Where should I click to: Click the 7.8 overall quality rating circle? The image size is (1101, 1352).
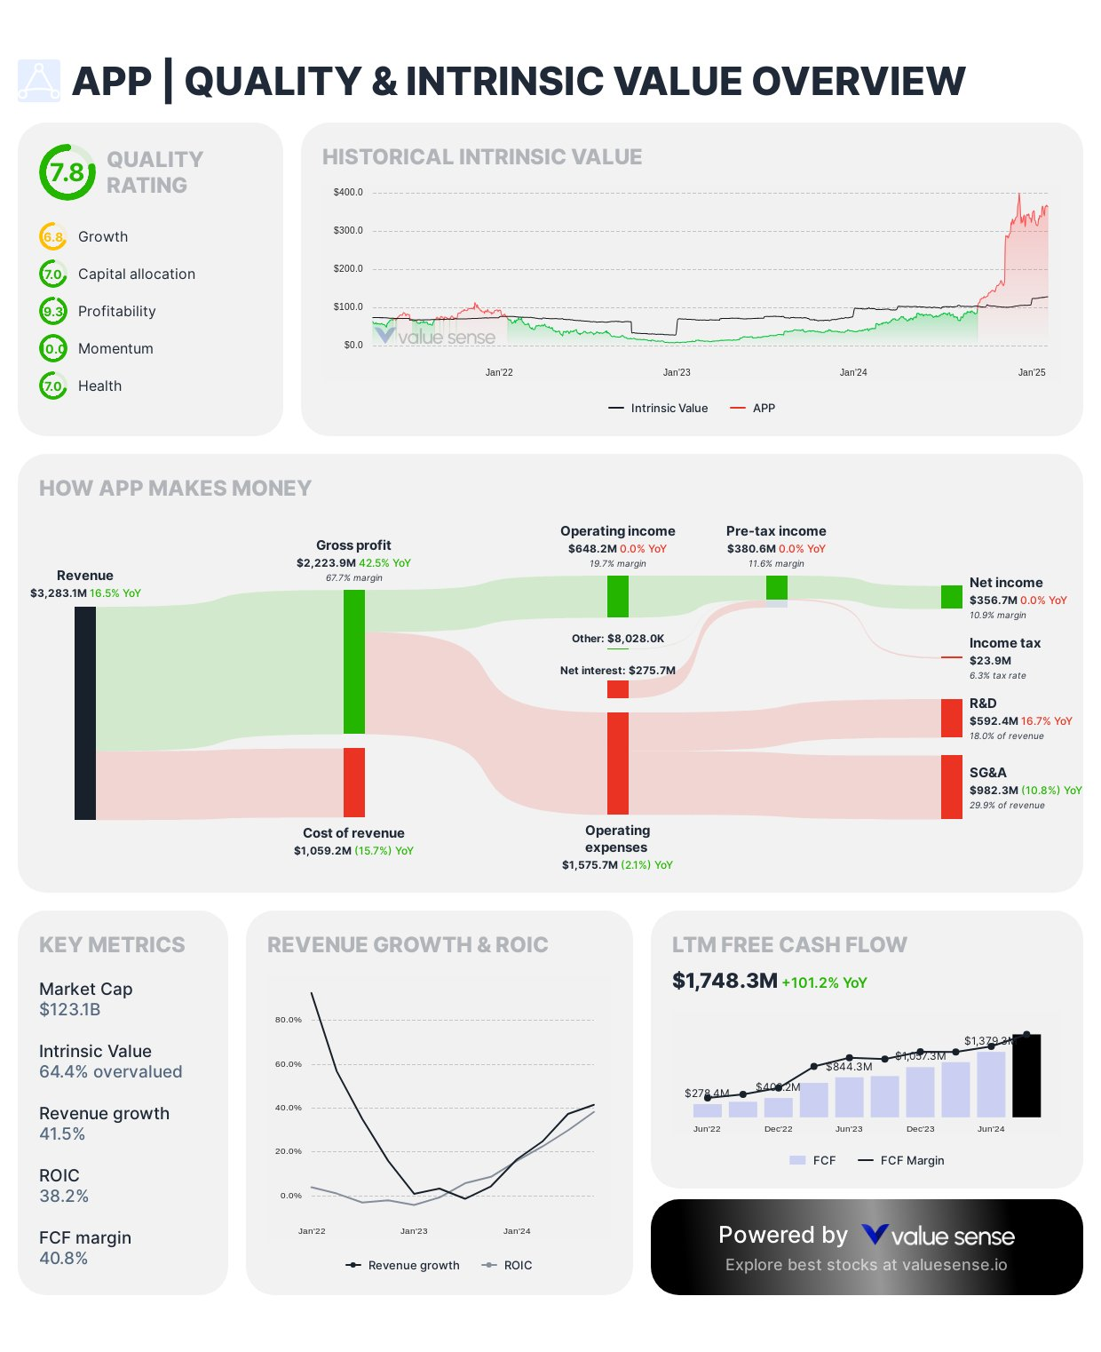67,172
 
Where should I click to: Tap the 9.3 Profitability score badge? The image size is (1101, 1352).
53,311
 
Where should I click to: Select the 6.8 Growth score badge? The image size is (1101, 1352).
53,237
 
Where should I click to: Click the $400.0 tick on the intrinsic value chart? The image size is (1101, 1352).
348,192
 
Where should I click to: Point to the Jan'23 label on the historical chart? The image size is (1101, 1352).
677,372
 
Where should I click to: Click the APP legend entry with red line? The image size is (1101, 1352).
752,408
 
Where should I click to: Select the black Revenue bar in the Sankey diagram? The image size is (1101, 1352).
85,712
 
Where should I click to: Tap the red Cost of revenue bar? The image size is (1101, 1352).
354,782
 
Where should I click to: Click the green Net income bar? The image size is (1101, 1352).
951,597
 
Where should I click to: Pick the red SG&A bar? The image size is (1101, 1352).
951,786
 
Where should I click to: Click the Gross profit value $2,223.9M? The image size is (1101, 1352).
326,563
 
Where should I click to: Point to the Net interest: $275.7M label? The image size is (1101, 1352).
617,671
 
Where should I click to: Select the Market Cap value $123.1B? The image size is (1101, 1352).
70,1009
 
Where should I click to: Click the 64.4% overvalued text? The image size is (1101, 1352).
110,1071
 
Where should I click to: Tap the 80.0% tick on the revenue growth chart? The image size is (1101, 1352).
289,1020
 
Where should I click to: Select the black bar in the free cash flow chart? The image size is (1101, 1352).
1026,1075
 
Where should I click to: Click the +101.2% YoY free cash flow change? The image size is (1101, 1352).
824,982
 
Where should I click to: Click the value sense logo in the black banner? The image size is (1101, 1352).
938,1236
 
